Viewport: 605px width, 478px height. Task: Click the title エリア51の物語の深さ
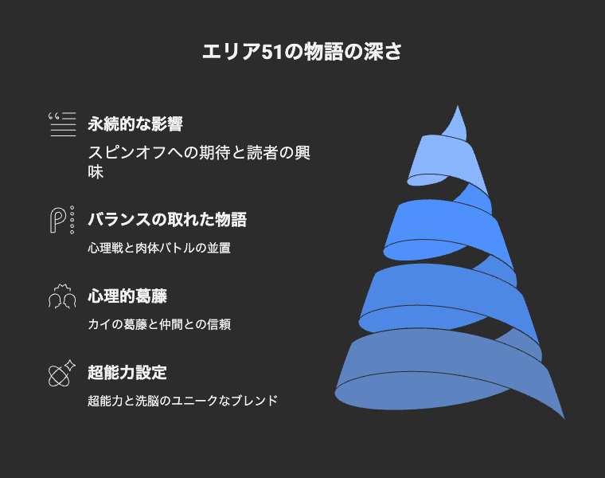[302, 52]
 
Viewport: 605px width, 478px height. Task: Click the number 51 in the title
[272, 52]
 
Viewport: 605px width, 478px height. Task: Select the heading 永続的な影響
[135, 124]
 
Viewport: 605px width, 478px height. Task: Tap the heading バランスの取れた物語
[167, 219]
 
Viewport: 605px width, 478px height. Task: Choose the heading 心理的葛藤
[127, 296]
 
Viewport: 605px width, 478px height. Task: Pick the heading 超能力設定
[127, 373]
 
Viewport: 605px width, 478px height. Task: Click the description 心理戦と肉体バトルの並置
[159, 248]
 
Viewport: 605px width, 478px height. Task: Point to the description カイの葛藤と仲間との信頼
[159, 324]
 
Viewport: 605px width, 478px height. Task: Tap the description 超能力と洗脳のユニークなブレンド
[182, 401]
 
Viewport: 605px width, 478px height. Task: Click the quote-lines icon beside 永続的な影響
[62, 124]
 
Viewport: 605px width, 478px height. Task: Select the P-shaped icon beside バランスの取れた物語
[62, 220]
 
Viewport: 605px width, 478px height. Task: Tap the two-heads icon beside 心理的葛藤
[62, 296]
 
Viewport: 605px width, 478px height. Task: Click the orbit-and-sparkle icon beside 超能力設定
[62, 373]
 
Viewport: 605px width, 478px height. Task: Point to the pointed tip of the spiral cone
[458, 106]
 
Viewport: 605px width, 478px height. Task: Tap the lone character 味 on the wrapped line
[96, 172]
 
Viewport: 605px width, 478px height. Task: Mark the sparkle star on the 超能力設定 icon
[70, 365]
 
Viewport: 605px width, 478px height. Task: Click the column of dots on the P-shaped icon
[72, 220]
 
